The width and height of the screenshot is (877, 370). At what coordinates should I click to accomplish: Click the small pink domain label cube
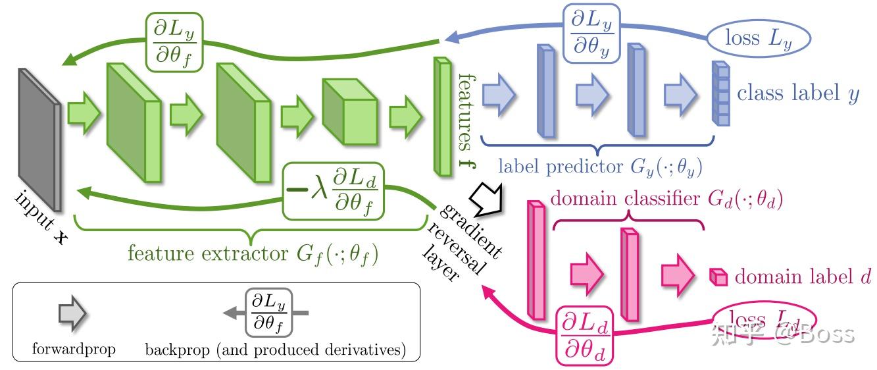(718, 277)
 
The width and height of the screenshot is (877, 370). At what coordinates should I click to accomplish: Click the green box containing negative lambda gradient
(333, 191)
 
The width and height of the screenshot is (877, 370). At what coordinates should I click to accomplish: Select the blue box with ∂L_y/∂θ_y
(590, 34)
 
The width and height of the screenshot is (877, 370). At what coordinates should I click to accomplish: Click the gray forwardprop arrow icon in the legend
(72, 315)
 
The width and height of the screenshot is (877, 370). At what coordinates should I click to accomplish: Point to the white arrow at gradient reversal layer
(488, 197)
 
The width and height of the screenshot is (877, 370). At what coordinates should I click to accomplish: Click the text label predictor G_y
(599, 167)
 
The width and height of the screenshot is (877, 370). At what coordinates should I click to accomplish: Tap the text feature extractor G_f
(253, 254)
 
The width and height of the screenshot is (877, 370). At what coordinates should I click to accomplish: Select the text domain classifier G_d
(665, 198)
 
